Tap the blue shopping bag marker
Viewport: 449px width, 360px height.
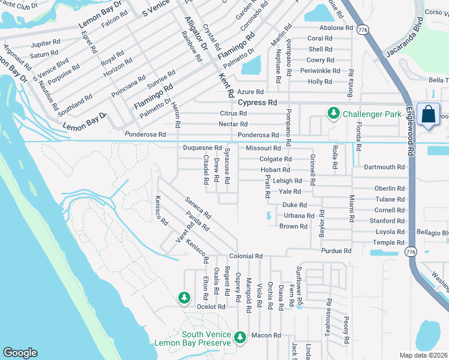[x=430, y=115]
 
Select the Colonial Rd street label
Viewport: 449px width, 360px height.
[x=250, y=256]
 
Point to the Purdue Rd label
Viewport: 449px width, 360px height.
[x=336, y=251]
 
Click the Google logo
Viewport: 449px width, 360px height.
[x=20, y=353]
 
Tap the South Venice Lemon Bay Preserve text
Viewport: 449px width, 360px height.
[x=192, y=338]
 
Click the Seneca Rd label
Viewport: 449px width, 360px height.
[x=199, y=208]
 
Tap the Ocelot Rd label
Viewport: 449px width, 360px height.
[x=211, y=307]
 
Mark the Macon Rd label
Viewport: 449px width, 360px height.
[x=262, y=335]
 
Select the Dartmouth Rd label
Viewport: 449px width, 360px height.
[x=384, y=167]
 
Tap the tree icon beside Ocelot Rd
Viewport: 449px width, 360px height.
[x=184, y=297]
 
